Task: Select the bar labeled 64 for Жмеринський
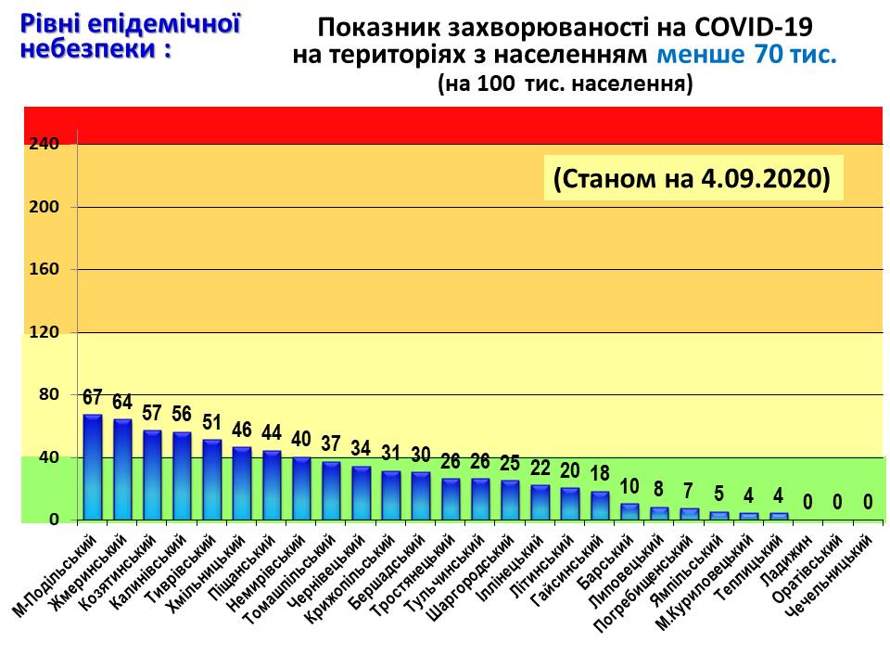(x=122, y=469)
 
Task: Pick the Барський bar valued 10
(x=629, y=511)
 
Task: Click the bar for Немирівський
(x=301, y=488)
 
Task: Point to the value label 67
(x=93, y=398)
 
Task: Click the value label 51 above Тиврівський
(x=211, y=423)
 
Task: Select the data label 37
(x=331, y=444)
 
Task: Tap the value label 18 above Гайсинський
(x=599, y=474)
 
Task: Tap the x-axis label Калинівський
(x=143, y=565)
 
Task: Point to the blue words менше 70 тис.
(x=746, y=55)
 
